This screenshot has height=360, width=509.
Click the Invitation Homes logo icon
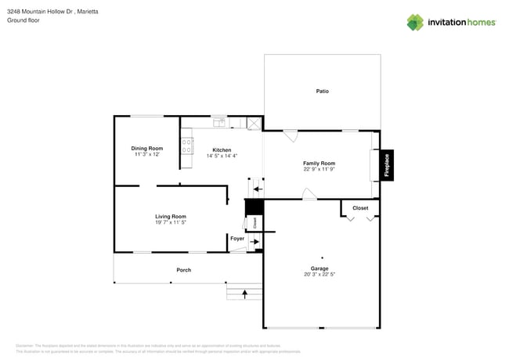pos(415,22)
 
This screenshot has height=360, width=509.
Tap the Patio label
pos(322,92)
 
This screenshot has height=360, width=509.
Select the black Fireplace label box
pos(386,165)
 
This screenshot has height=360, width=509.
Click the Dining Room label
pos(146,148)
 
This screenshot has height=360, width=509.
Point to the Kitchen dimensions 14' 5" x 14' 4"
pos(222,156)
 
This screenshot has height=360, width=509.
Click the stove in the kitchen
pos(187,146)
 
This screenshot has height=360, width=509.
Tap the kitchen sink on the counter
pos(219,122)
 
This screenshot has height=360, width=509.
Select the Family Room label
pos(319,164)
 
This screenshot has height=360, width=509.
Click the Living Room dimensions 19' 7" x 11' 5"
pos(170,222)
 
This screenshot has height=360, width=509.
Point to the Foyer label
pos(236,238)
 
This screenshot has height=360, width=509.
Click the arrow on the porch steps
pos(244,293)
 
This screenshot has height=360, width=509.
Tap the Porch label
pos(183,270)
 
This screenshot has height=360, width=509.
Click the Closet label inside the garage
pos(360,208)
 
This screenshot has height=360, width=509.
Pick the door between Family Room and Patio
pos(290,135)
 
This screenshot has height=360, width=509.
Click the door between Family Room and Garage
pos(309,194)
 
